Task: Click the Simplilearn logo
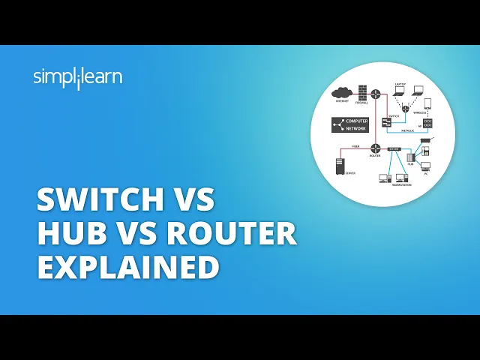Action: [x=78, y=77]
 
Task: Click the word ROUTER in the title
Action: [x=232, y=233]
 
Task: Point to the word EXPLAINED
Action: [x=128, y=266]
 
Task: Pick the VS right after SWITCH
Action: [x=193, y=201]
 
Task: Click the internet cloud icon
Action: [x=341, y=93]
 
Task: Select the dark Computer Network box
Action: [x=349, y=124]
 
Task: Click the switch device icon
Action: [x=386, y=121]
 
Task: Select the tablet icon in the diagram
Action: [x=427, y=103]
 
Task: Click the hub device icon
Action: [x=410, y=158]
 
